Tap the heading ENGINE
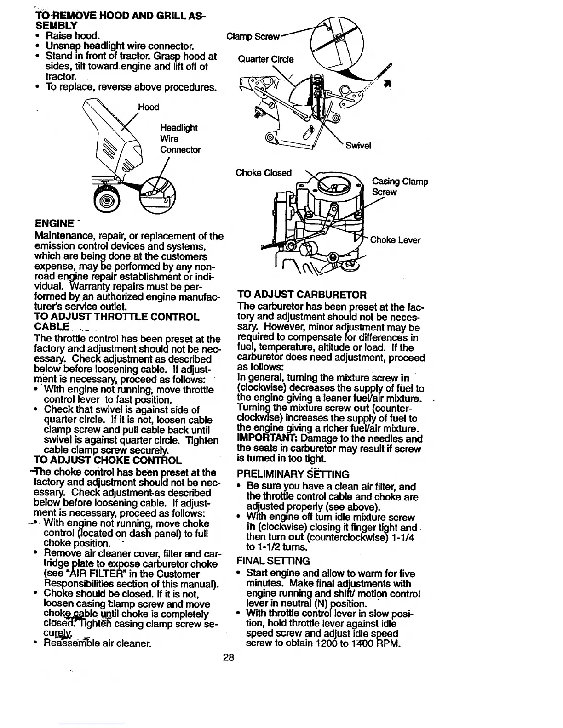point(55,224)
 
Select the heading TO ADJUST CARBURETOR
point(302,295)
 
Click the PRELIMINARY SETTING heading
point(293,474)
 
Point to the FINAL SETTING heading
point(273,561)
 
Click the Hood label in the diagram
point(149,108)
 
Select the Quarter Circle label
point(265,59)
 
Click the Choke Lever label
point(396,240)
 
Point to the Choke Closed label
point(264,173)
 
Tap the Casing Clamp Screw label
point(399,187)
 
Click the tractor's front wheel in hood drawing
point(106,201)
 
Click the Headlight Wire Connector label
point(180,138)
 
